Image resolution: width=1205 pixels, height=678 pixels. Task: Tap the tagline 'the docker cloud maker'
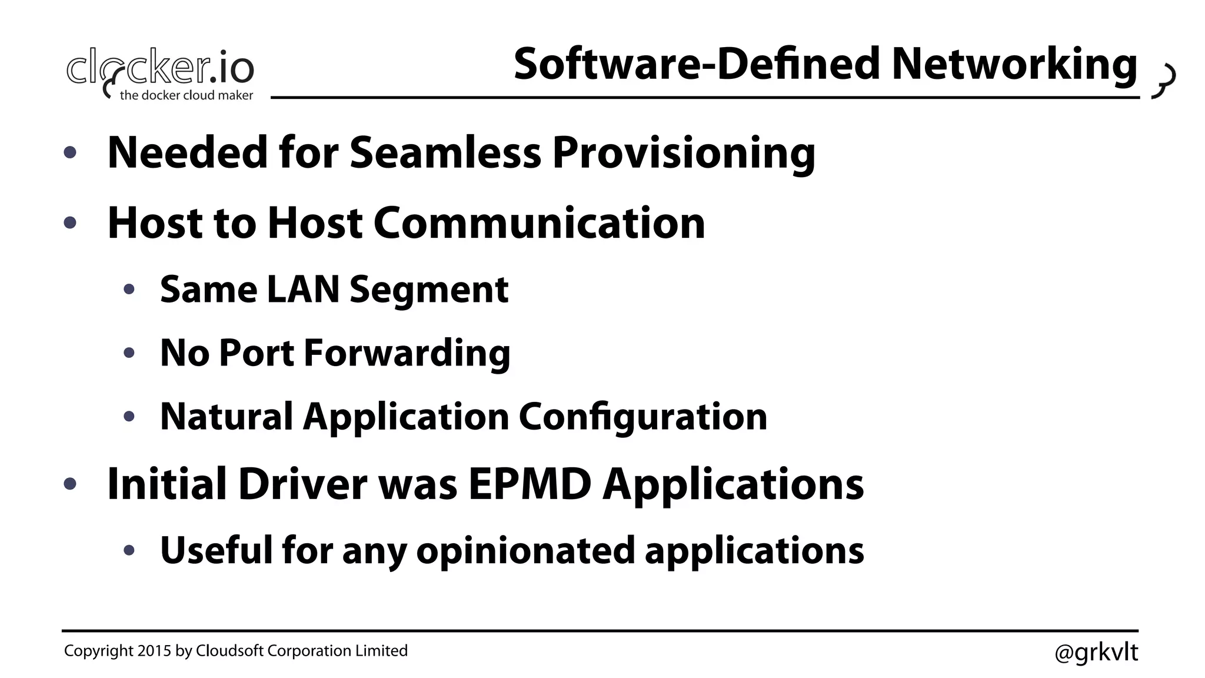point(187,95)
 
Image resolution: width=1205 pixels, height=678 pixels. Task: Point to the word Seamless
point(445,153)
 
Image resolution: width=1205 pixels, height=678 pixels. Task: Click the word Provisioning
point(684,153)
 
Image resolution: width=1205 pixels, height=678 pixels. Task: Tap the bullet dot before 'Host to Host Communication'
point(70,223)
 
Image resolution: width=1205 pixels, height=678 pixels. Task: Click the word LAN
point(302,290)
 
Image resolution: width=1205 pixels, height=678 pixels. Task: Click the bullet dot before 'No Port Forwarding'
point(129,353)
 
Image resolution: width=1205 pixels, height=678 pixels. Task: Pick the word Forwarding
point(407,353)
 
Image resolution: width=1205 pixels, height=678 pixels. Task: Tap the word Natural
point(226,417)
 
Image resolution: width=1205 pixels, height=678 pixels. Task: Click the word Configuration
point(643,417)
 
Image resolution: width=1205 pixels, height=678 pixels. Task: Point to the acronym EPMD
point(530,484)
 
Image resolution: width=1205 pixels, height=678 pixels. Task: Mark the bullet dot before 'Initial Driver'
point(70,484)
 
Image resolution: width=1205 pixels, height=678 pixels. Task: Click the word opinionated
point(525,551)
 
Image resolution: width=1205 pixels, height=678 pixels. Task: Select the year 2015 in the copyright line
point(154,651)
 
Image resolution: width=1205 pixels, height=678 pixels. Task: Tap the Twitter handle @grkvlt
point(1096,652)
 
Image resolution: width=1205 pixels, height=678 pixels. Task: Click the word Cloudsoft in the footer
point(229,651)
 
